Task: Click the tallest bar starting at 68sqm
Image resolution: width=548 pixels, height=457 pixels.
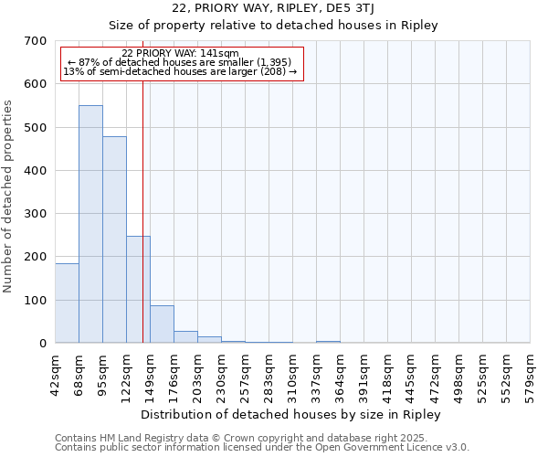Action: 90,224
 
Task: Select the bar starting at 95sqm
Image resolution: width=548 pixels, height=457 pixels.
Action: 114,239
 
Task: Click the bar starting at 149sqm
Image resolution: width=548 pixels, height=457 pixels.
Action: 162,324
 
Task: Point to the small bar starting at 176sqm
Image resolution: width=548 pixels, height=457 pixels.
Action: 185,336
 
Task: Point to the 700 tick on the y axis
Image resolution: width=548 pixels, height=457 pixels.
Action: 35,41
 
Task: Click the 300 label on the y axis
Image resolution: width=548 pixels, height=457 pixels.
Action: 35,214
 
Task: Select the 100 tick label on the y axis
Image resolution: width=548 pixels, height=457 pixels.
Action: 35,301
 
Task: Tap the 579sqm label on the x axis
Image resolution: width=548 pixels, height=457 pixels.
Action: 530,376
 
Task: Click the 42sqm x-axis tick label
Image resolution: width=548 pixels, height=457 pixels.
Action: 55,374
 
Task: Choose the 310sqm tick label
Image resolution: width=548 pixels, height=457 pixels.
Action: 292,376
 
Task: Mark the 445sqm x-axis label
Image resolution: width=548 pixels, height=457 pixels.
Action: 411,376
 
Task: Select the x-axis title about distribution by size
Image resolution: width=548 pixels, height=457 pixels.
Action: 292,414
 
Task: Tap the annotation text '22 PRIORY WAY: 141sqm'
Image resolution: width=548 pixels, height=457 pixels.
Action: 180,54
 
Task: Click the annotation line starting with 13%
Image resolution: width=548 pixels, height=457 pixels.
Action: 180,71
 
